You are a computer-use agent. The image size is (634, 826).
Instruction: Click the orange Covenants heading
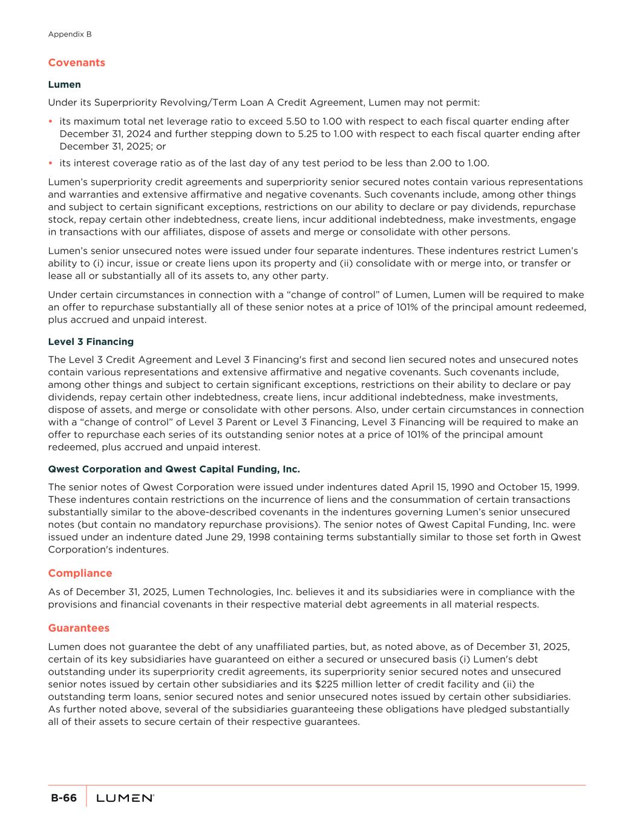point(76,63)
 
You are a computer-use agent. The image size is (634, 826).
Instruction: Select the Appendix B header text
point(70,34)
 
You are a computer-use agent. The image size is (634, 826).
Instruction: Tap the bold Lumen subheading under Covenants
point(64,85)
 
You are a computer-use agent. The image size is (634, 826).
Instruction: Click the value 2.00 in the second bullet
point(440,163)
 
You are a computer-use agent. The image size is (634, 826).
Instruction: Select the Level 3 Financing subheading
point(91,342)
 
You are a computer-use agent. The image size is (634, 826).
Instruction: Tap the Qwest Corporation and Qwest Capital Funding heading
point(174,469)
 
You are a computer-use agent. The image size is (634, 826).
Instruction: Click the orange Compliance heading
point(80,573)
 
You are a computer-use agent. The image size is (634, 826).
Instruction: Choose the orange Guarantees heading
point(79,628)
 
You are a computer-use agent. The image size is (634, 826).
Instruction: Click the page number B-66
point(64,798)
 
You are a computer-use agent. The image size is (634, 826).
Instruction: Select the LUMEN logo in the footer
point(125,799)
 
